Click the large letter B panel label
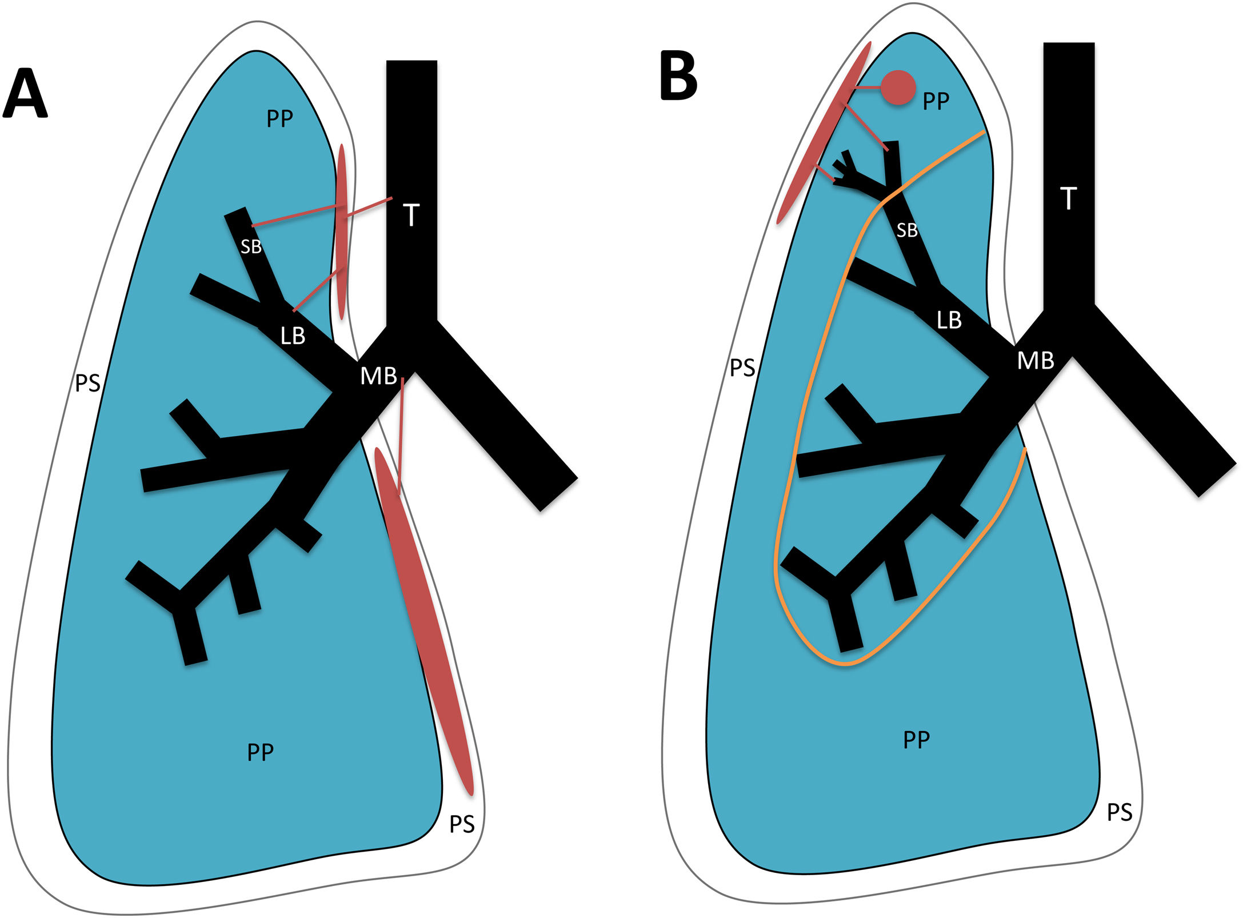pos(678,75)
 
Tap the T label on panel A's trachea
pos(411,215)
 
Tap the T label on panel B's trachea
pos(1068,198)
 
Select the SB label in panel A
pos(251,247)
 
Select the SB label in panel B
pos(907,230)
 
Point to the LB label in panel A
pos(293,336)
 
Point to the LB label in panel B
pos(949,320)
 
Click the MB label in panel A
pos(378,376)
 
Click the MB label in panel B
pos(1036,361)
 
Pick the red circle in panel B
pos(898,87)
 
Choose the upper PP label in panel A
pos(279,118)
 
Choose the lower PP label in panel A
pos(260,752)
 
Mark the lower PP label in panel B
pos(916,740)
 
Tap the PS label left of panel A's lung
pos(87,383)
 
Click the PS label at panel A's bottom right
pos(462,824)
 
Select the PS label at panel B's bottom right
pos(1119,812)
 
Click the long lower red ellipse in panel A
pos(424,620)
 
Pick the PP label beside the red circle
pos(936,101)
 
